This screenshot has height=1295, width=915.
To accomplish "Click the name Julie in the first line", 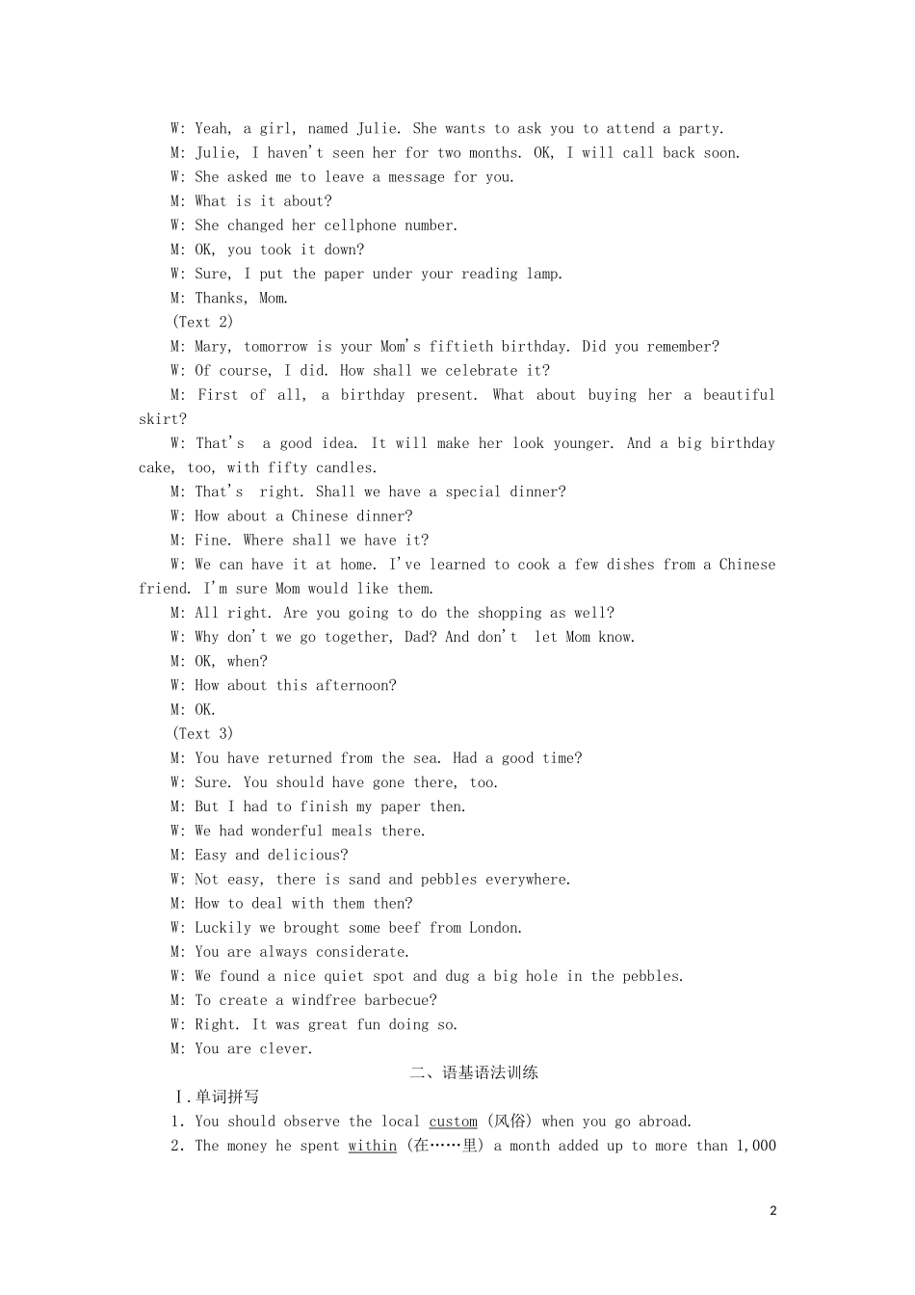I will [x=377, y=128].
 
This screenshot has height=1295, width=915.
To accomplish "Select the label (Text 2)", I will [x=202, y=322].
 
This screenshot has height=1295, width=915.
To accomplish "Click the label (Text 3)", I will [x=202, y=733].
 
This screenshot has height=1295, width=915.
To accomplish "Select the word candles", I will [x=346, y=467].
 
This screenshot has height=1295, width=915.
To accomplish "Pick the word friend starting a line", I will [x=163, y=589].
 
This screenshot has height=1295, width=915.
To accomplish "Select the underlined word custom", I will [x=453, y=1122].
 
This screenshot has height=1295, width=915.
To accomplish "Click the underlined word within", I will [x=372, y=1146].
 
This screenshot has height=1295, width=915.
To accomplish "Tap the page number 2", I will [x=772, y=1211].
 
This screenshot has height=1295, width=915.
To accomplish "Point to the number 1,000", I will [x=755, y=1146].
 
